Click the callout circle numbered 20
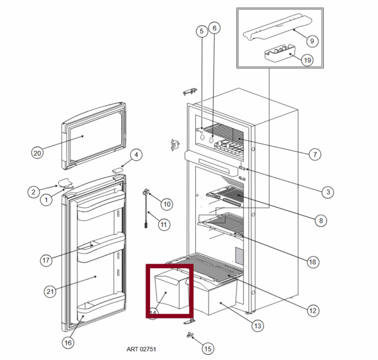(x=37, y=152)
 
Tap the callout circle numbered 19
(x=307, y=60)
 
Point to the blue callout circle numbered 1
(x=46, y=200)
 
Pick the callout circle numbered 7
(x=316, y=154)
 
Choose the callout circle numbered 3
(x=327, y=191)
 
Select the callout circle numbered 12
(x=312, y=310)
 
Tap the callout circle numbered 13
(x=257, y=325)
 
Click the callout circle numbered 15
(x=208, y=347)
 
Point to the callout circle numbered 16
(x=68, y=342)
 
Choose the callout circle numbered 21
(x=51, y=291)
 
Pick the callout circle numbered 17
(x=45, y=259)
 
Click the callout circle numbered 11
(x=163, y=223)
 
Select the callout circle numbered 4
(x=136, y=155)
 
